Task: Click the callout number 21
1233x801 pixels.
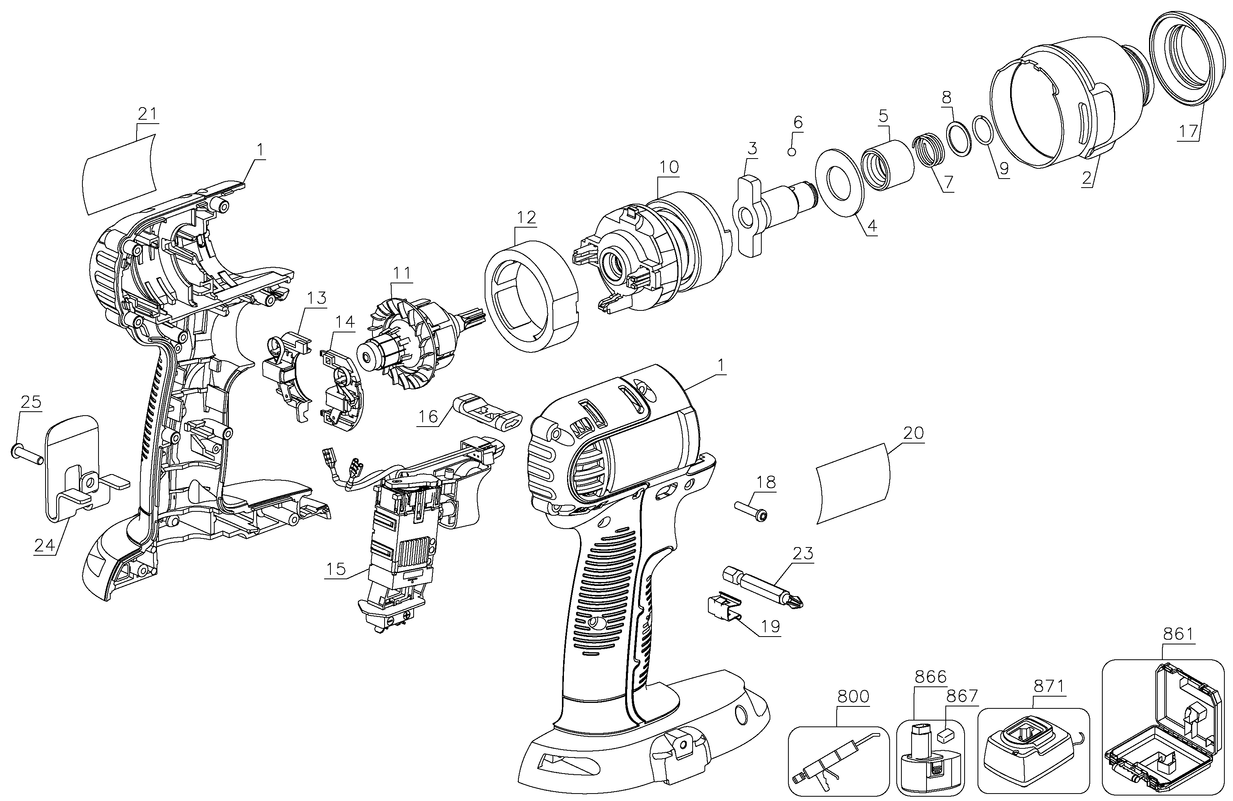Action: coord(147,114)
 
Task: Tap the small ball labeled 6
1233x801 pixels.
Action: coord(792,151)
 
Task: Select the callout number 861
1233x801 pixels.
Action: coord(1178,634)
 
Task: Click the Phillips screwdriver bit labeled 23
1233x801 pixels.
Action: coord(764,588)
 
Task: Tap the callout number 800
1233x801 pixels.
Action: coord(853,696)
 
